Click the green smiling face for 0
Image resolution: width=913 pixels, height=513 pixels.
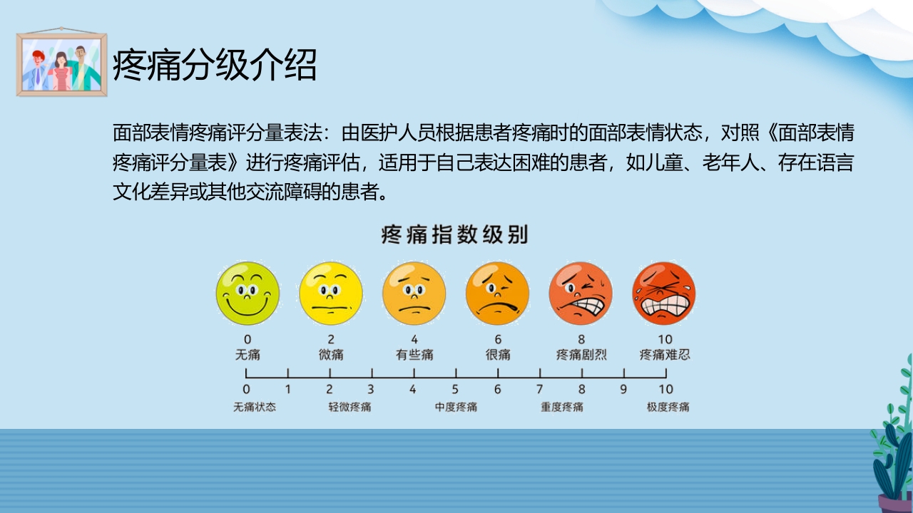(x=248, y=294)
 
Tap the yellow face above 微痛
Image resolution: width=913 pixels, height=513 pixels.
(x=330, y=294)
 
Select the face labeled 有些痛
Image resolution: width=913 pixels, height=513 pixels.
(x=414, y=294)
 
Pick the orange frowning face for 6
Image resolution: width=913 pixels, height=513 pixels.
(x=497, y=294)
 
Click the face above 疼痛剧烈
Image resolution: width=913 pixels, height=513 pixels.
(x=581, y=294)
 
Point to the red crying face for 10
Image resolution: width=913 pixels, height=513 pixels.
(x=664, y=294)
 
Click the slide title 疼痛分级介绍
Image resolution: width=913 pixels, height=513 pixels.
(x=215, y=66)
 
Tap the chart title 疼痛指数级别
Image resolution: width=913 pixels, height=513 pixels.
(x=455, y=235)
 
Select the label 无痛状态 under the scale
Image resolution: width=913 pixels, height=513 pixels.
(x=255, y=408)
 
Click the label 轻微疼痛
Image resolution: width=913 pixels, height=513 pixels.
(x=350, y=408)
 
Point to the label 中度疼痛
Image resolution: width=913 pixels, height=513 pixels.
(x=456, y=408)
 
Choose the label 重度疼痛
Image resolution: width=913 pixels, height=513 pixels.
(x=562, y=408)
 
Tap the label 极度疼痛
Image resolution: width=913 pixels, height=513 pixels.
(x=668, y=408)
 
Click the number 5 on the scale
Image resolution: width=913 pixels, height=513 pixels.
(x=455, y=389)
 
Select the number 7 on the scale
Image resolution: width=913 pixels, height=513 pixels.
(x=539, y=389)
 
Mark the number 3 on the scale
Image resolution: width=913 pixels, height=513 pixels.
(x=371, y=389)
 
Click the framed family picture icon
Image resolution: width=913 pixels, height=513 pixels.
(x=62, y=64)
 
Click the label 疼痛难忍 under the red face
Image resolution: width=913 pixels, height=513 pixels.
(x=665, y=354)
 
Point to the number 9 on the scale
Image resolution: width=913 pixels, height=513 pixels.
(x=623, y=389)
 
